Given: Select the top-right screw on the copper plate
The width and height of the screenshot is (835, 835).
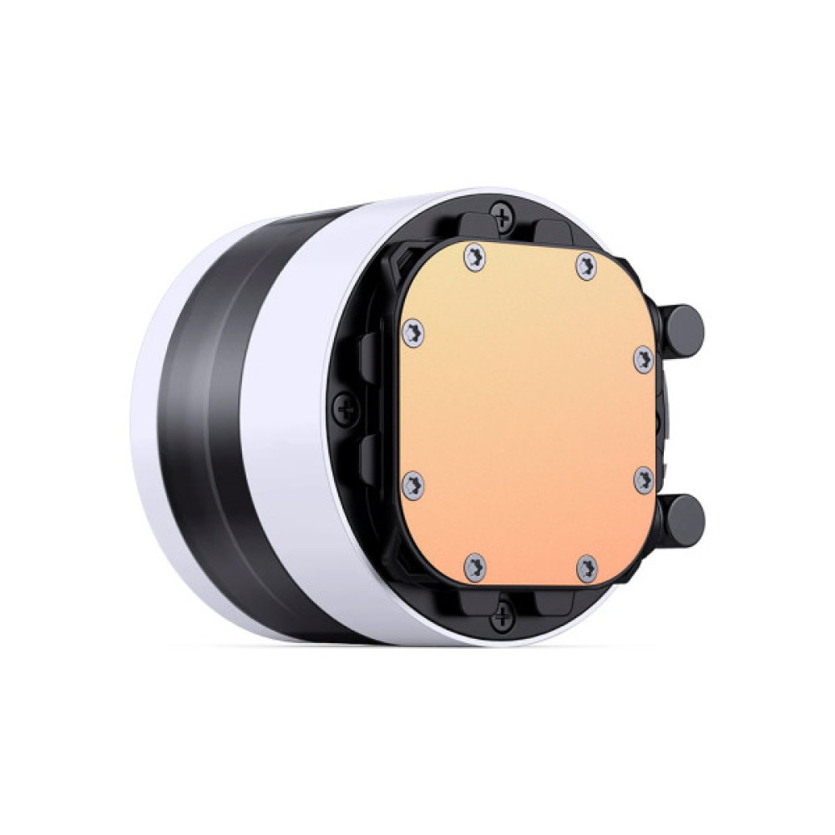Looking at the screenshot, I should coord(587,266).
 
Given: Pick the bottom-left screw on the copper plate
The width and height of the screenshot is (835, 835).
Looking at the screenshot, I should coord(474,565).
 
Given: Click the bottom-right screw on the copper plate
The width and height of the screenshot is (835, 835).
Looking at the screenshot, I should coord(587,568).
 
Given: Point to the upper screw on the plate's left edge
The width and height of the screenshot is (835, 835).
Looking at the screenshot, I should coord(412,331).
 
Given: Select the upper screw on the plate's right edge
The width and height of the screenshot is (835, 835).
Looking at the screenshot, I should coord(643,359).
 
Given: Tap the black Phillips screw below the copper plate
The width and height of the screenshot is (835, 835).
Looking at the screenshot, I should coord(501,617).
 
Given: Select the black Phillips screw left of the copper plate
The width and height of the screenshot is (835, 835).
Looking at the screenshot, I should coord(345,409).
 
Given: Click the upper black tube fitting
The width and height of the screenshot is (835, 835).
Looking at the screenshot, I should coord(682,328).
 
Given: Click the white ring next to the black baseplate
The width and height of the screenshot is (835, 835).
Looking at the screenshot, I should coord(288,417).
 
